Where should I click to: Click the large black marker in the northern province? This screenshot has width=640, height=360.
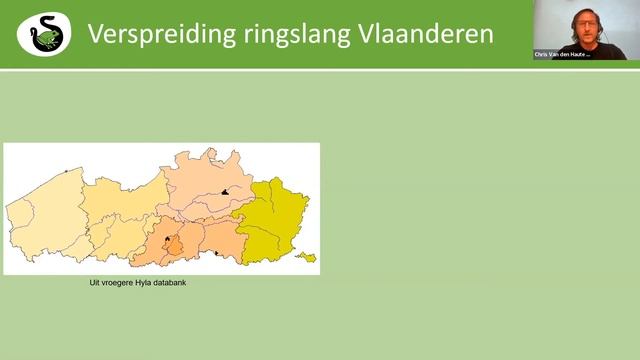coord(227,192)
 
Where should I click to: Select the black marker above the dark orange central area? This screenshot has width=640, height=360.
coord(167,239)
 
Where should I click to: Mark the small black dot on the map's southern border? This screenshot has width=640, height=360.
coord(217,254)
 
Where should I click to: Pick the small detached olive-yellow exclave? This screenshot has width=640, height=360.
coord(305,257)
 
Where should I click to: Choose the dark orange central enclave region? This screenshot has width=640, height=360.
coord(173,246)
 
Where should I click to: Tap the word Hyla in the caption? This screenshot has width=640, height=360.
coord(158,283)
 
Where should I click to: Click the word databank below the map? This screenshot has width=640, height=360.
coord(186,283)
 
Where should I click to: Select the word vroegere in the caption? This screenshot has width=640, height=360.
coord(124,283)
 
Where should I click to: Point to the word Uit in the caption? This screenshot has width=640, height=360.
coord(96,283)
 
